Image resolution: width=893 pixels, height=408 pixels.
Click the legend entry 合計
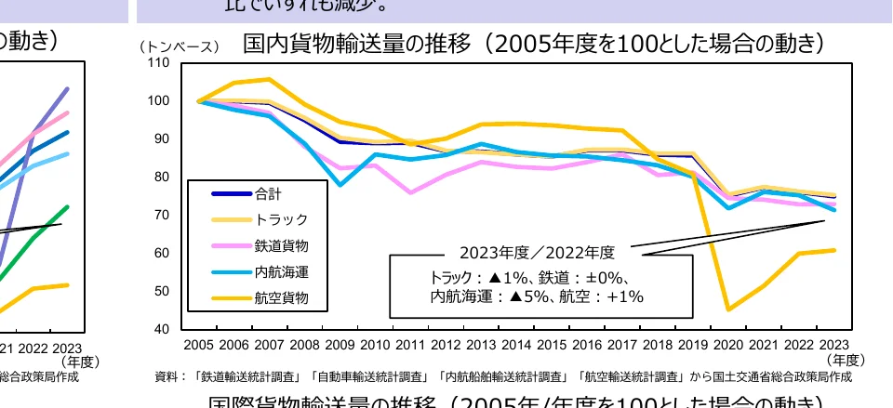268,194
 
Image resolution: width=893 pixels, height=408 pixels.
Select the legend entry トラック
280,220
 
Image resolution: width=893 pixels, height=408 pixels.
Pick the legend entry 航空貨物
280,298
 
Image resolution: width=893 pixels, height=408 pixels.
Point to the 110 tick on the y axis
159,63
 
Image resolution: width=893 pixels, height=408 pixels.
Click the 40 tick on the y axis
162,330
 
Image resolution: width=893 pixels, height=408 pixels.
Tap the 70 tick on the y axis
162,216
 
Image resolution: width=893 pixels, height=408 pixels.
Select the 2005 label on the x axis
199,345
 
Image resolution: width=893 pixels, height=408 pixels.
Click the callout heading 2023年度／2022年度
537,253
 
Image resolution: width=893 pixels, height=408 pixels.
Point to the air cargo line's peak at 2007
270,79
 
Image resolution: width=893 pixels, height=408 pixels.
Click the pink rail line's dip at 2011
410,192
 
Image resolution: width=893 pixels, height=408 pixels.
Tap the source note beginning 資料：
503,377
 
